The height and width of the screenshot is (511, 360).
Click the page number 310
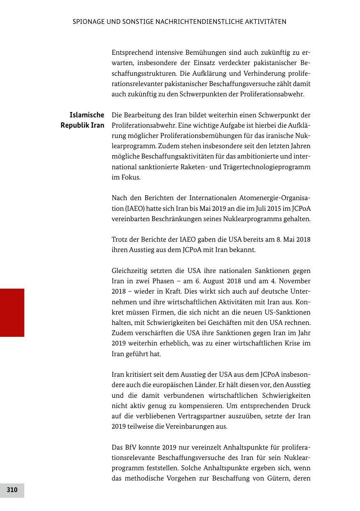pyautogui.click(x=12, y=490)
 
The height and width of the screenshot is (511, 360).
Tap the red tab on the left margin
pyautogui.click(x=12, y=313)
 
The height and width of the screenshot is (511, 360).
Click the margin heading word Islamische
pyautogui.click(x=87, y=115)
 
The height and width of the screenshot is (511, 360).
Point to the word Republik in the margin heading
pyautogui.click(x=74, y=125)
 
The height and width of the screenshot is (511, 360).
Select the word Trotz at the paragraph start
pyautogui.click(x=120, y=240)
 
